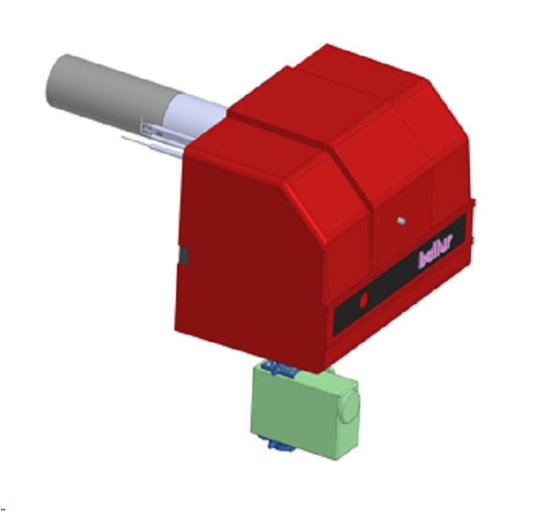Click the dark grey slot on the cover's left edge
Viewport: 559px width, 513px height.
[182, 256]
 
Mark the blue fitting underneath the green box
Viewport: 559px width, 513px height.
[279, 443]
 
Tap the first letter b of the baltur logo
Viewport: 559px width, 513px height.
[422, 260]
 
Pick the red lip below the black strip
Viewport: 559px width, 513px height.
[398, 326]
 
